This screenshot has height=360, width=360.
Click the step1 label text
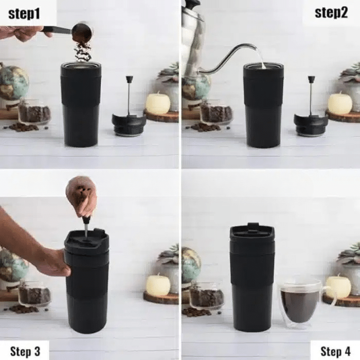pos(24,14)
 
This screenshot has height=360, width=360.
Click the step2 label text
pos(331,12)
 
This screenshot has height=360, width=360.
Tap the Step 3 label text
pos(25,351)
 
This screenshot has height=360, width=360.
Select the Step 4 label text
pos(335,351)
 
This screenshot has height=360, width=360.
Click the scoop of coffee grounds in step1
pos(82,31)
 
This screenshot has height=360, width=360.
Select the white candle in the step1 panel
pos(158,103)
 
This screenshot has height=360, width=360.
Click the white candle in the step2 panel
pos(339,103)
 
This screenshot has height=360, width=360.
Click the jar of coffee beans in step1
pos(34,112)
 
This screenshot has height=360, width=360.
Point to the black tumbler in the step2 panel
pos(263,105)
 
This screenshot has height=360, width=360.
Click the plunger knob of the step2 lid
pos(311,80)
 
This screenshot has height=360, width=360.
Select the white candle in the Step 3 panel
pos(158,284)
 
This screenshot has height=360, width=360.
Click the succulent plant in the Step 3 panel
pos(168,255)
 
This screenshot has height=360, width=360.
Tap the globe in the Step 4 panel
pos(191,263)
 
